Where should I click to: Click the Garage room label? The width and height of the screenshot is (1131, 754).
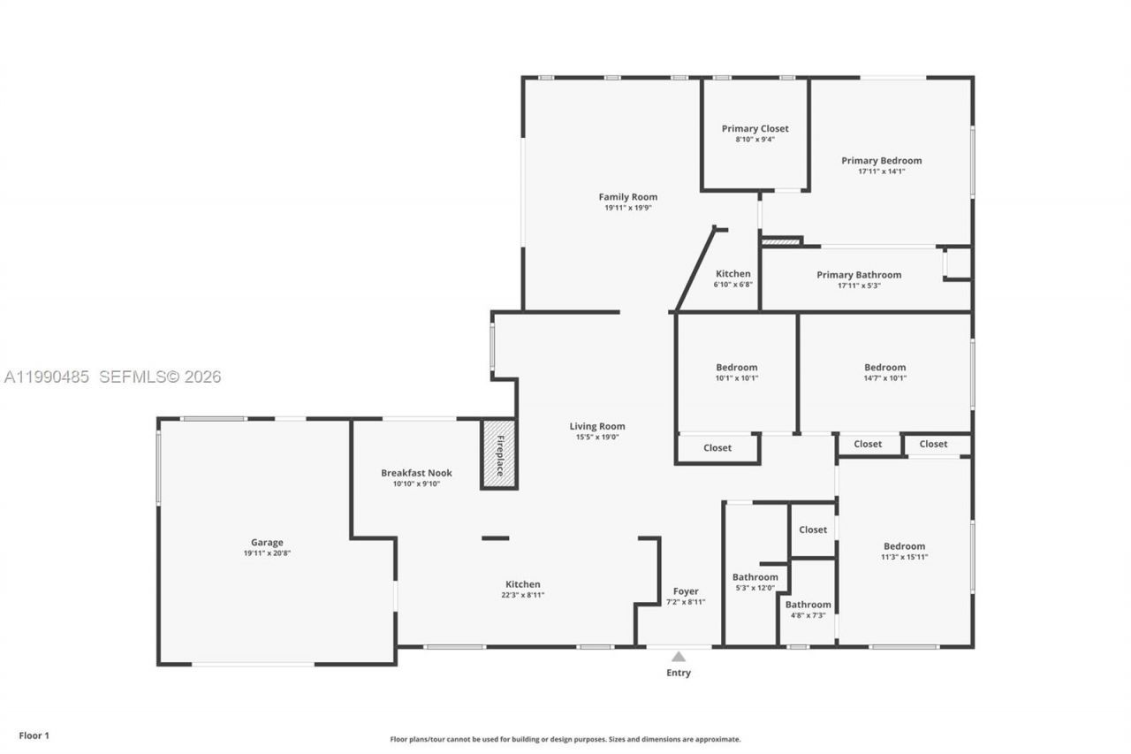pyautogui.click(x=267, y=543)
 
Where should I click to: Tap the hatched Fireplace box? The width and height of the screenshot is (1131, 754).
pyautogui.click(x=498, y=454)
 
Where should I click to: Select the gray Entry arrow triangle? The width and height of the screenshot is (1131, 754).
pyautogui.click(x=679, y=657)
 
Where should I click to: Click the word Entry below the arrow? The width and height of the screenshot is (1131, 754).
pyautogui.click(x=679, y=674)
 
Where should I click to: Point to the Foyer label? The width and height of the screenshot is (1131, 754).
pyautogui.click(x=686, y=591)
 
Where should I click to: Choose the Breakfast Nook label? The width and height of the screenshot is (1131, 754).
pyautogui.click(x=416, y=473)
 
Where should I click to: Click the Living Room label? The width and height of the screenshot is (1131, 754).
pyautogui.click(x=597, y=426)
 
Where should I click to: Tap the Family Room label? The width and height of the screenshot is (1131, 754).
pyautogui.click(x=627, y=197)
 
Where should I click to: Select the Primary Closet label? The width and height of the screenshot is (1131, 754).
pyautogui.click(x=755, y=129)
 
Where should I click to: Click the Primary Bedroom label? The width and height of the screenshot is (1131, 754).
pyautogui.click(x=881, y=161)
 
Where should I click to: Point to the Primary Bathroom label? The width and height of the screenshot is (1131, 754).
pyautogui.click(x=859, y=275)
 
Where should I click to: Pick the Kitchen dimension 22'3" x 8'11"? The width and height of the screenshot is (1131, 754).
pyautogui.click(x=522, y=596)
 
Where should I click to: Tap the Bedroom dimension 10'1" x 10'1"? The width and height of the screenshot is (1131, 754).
pyautogui.click(x=737, y=378)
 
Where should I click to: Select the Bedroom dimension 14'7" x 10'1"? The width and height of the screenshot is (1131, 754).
pyautogui.click(x=884, y=378)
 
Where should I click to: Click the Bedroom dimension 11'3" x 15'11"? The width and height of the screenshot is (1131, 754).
pyautogui.click(x=904, y=557)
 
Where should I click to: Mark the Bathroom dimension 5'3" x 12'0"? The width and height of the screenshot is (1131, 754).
pyautogui.click(x=755, y=588)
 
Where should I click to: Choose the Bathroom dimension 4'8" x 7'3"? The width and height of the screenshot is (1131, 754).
pyautogui.click(x=808, y=615)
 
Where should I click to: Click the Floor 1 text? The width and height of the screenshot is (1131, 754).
pyautogui.click(x=34, y=735)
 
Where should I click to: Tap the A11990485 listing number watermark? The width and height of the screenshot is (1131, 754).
pyautogui.click(x=47, y=377)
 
